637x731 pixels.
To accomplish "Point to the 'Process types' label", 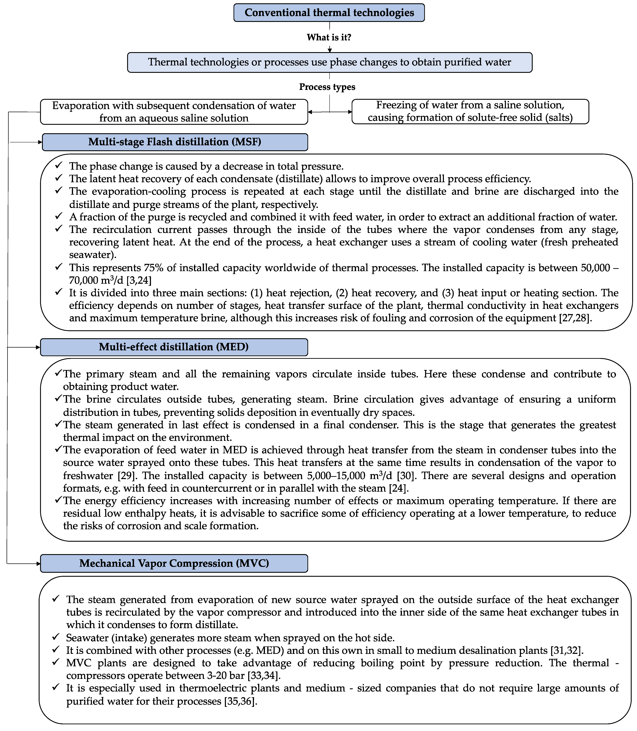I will (327, 87).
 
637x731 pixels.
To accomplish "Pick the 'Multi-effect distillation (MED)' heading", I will (174, 347).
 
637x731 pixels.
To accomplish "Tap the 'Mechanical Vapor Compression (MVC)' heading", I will (174, 563).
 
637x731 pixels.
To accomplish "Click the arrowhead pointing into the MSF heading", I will (40, 142).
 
